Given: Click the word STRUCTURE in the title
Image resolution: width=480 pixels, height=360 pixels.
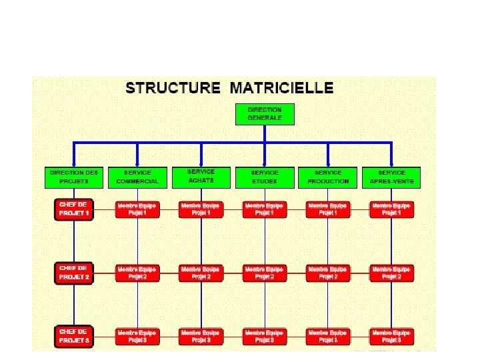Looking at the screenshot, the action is tap(173, 87).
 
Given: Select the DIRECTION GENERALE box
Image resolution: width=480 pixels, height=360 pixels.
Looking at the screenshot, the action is tap(265, 114).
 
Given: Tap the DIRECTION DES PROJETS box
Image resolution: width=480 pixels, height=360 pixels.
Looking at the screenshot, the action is tap(74, 176).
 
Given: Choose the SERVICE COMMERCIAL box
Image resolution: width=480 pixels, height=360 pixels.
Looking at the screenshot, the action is tap(137, 177).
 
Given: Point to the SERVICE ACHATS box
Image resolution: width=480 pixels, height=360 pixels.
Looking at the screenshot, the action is tap(201, 176).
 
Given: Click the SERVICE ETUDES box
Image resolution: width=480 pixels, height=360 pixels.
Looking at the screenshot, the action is tap(265, 177).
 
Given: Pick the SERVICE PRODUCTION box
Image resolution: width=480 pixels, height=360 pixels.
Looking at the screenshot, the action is tap(328, 177).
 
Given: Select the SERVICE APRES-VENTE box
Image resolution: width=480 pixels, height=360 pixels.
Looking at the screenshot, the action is tap(391, 177).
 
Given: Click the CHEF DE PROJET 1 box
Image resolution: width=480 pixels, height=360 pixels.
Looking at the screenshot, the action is tap(74, 209).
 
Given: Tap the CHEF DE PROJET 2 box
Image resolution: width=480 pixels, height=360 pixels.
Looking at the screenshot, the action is tap(74, 272).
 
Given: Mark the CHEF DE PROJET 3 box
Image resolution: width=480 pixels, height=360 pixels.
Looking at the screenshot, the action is tap(74, 335).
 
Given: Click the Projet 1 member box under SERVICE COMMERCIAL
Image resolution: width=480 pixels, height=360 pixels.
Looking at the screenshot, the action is tap(137, 209).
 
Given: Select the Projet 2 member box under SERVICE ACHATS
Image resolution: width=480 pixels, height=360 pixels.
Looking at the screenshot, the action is tap(201, 273).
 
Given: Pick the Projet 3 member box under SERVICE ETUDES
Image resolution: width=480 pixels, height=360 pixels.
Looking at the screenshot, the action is tap(265, 335).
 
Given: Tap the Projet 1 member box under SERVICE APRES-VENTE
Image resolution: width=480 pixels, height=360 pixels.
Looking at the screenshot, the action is tap(391, 209).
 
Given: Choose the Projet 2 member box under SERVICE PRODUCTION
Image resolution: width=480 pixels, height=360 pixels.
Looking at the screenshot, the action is tap(328, 273).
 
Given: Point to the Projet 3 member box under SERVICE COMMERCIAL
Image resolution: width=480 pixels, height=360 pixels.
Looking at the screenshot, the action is tap(137, 335).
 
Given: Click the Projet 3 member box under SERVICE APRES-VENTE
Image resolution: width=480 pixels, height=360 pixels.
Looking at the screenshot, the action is tap(391, 335).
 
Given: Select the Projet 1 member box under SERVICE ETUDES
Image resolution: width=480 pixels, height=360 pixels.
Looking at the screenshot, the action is tap(265, 209).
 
